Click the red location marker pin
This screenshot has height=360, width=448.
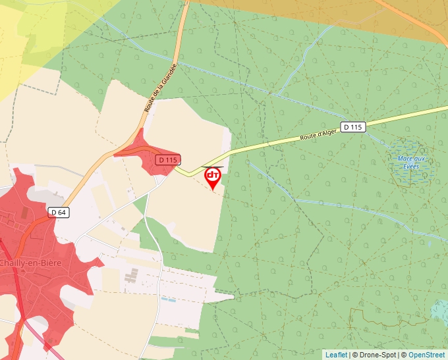click(213, 177)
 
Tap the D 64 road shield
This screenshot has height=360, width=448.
click(59, 212)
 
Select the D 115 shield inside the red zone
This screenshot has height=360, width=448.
click(169, 160)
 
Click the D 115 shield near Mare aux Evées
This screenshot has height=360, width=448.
click(353, 126)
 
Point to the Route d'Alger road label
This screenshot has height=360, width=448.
click(318, 134)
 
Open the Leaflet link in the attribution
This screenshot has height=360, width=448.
click(336, 355)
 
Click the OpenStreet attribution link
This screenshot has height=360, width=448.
click(426, 355)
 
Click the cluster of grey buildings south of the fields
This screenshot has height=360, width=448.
click(132, 277)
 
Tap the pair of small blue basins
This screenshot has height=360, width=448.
click(169, 300)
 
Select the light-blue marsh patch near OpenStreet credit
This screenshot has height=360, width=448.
click(440, 311)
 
